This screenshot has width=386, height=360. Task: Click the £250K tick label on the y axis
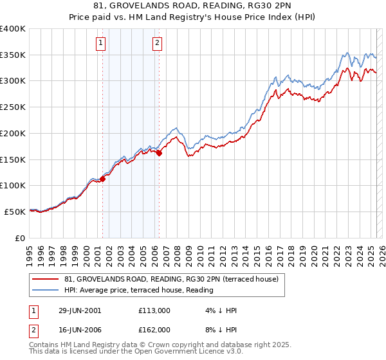click(13, 107)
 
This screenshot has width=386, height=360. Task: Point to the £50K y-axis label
click(15, 211)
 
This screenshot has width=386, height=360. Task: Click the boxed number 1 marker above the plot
click(102, 44)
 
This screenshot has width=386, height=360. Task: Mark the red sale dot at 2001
click(102, 179)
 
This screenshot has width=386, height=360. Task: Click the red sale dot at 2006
click(159, 153)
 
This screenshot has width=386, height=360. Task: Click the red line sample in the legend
click(46, 279)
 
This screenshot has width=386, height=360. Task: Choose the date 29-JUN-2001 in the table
click(79, 310)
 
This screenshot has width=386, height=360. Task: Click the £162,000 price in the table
click(154, 329)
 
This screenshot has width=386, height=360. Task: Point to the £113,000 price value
click(154, 310)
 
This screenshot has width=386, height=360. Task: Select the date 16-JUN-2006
click(79, 329)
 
